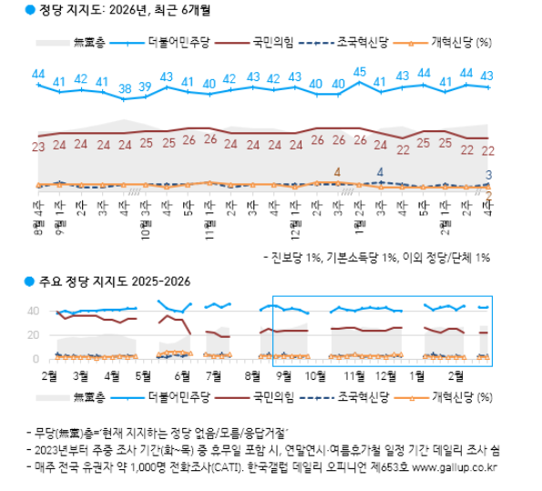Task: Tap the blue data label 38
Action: (124, 88)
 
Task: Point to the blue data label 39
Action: (146, 88)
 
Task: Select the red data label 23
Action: (37, 146)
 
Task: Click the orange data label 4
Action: (338, 172)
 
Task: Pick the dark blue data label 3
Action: (489, 175)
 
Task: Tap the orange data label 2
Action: (489, 194)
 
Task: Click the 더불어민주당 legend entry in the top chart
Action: (182, 41)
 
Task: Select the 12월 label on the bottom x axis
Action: (385, 374)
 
